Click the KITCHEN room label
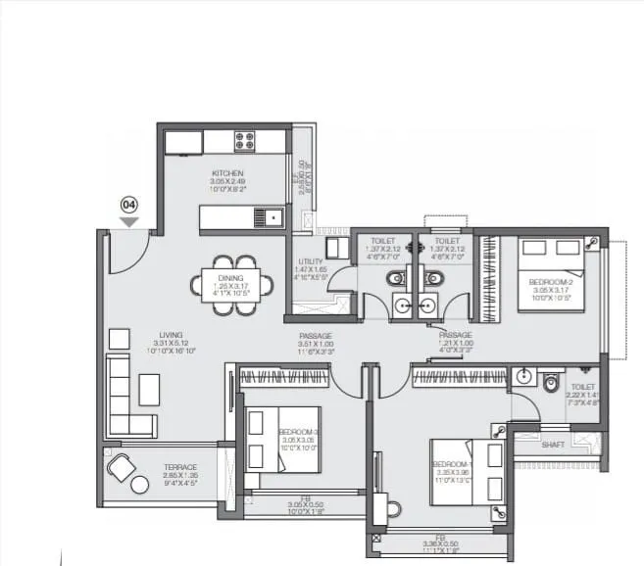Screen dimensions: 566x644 (225, 173)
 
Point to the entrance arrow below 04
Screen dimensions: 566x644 (128, 221)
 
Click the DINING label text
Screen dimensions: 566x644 (231, 278)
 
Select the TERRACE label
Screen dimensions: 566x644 (180, 467)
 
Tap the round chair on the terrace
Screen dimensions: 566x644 (123, 469)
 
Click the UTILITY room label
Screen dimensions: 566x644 (311, 261)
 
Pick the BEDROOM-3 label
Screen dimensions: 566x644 (295, 432)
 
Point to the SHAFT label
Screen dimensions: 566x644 (553, 444)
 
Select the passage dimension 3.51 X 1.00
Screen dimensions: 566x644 (316, 345)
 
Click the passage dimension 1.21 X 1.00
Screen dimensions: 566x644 (456, 344)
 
